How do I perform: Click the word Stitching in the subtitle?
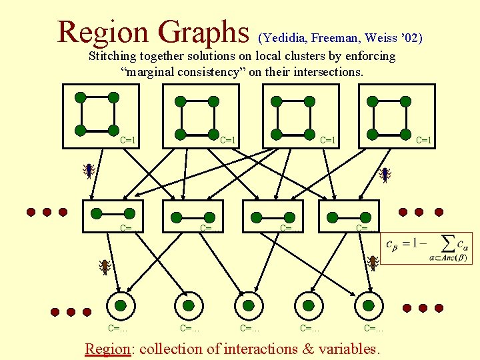click(113, 57)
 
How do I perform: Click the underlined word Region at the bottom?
click(109, 349)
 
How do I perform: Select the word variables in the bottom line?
click(347, 349)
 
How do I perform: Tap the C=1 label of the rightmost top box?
click(424, 140)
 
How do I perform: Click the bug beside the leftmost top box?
click(88, 171)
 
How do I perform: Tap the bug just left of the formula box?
click(373, 263)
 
